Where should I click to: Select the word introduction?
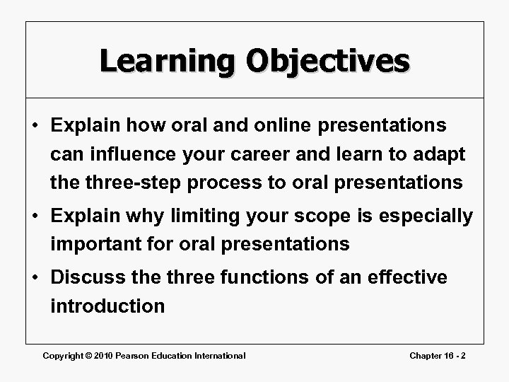pyautogui.click(x=107, y=306)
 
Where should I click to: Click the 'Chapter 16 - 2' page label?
pyautogui.click(x=438, y=356)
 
